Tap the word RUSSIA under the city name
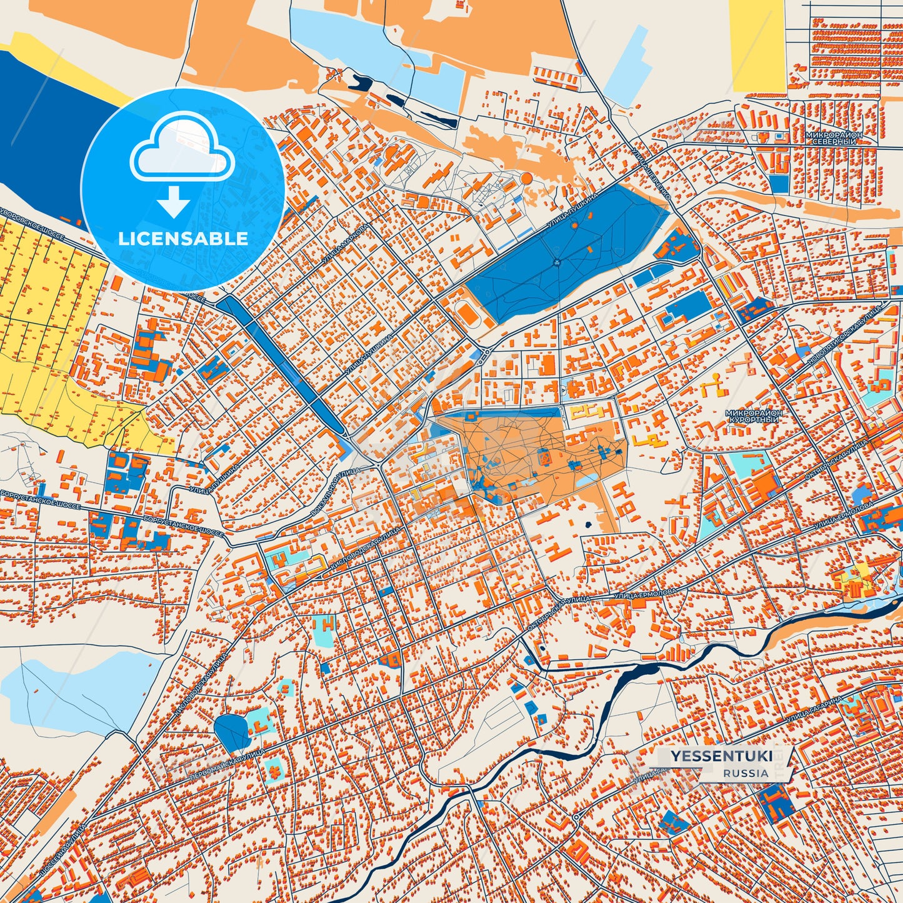click(x=746, y=773)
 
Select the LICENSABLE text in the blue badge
click(x=183, y=239)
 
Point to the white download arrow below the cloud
click(x=174, y=201)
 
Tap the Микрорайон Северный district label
click(x=834, y=138)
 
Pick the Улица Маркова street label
click(x=346, y=243)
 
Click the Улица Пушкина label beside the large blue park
click(x=572, y=211)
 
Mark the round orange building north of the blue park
click(x=526, y=179)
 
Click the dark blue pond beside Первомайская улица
click(x=230, y=732)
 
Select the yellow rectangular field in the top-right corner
click(x=757, y=45)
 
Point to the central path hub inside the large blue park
click(x=556, y=262)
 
